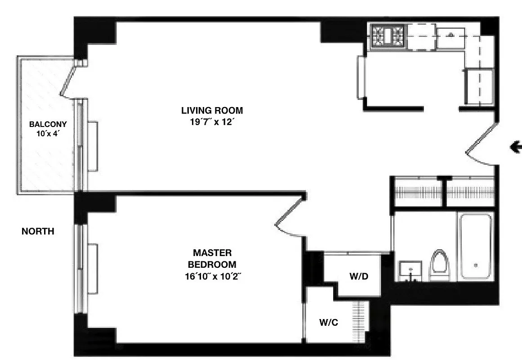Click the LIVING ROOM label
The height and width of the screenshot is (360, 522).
pos(212,110)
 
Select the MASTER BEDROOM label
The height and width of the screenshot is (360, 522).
pos(212,258)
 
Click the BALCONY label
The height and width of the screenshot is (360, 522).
pos(48,124)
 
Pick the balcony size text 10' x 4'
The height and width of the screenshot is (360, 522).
pos(48,134)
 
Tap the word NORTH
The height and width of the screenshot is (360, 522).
pos(38,231)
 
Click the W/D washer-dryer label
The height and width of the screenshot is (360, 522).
pos(359,276)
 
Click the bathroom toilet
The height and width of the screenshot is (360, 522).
pos(440,266)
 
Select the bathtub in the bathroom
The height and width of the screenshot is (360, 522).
pos(475,246)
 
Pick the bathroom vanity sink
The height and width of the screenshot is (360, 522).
pos(410,270)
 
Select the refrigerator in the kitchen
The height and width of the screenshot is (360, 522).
pos(479,85)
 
